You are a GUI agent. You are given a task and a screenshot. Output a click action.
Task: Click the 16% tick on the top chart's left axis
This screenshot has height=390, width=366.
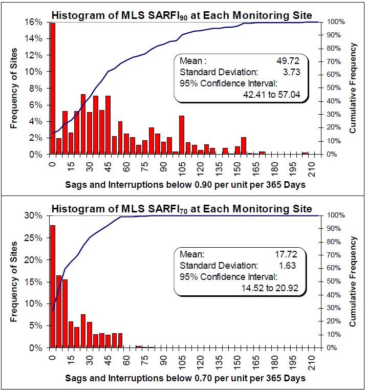37,22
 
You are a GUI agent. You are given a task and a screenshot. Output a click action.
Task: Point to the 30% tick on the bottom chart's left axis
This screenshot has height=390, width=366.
37,215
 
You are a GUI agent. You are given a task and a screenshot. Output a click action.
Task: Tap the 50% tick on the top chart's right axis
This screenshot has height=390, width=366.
331,88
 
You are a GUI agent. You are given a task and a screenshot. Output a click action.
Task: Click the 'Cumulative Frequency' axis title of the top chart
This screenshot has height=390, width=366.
353,88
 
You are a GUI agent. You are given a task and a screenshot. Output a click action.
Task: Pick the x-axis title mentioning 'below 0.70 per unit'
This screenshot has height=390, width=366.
185,378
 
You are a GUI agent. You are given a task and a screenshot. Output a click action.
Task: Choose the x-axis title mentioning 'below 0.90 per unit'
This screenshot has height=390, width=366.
185,184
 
